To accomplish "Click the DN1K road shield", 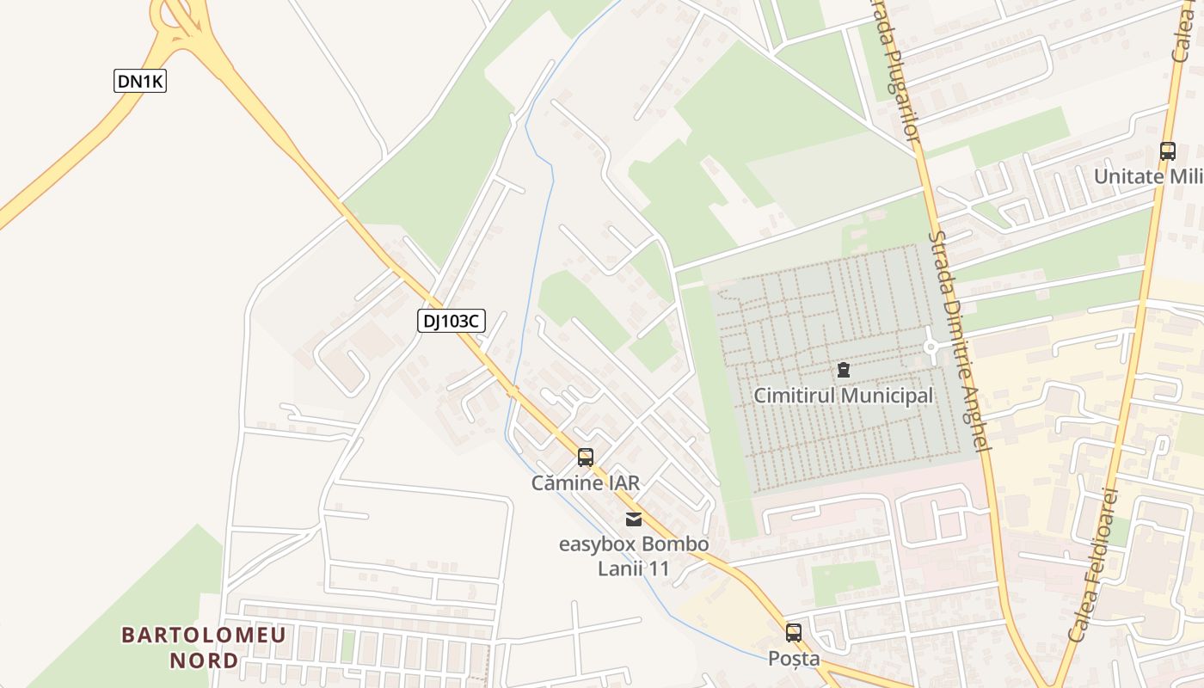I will [140, 82].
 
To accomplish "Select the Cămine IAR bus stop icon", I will [586, 458].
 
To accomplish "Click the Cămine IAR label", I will [586, 483].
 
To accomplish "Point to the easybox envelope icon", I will [634, 519].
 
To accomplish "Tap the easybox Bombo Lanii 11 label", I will [634, 556].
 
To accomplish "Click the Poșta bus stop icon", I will [793, 633].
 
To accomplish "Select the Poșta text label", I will [793, 659].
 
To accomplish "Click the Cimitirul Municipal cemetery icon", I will [843, 371].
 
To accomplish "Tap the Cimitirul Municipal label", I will [843, 396].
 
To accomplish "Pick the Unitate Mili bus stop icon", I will [1167, 151].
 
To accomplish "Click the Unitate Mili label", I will [1148, 176].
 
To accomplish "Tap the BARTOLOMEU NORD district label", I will [204, 648].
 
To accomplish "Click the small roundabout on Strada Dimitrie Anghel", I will [931, 347].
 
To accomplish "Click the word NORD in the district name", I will [204, 660].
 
